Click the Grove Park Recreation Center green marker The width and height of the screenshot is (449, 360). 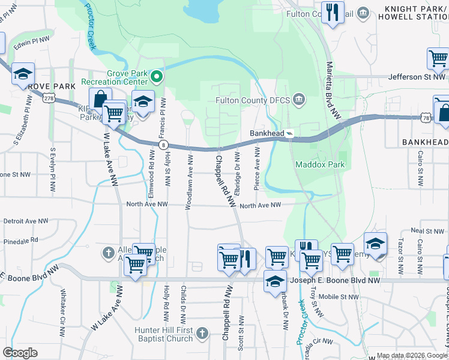[x=157, y=76]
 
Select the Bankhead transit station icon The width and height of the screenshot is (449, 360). [x=289, y=133]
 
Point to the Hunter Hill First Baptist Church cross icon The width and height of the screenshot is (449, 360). [x=202, y=333]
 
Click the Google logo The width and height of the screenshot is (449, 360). [x=20, y=353]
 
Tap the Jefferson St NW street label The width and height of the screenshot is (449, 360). [x=417, y=77]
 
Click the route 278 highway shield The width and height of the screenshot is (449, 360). [x=50, y=98]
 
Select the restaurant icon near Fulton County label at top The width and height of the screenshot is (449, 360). [x=332, y=12]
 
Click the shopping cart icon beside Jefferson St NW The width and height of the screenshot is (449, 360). [x=438, y=58]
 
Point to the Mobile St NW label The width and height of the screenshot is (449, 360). [x=339, y=296]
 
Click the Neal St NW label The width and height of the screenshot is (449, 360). [x=426, y=231]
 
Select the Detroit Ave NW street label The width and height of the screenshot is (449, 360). [x=26, y=221]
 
